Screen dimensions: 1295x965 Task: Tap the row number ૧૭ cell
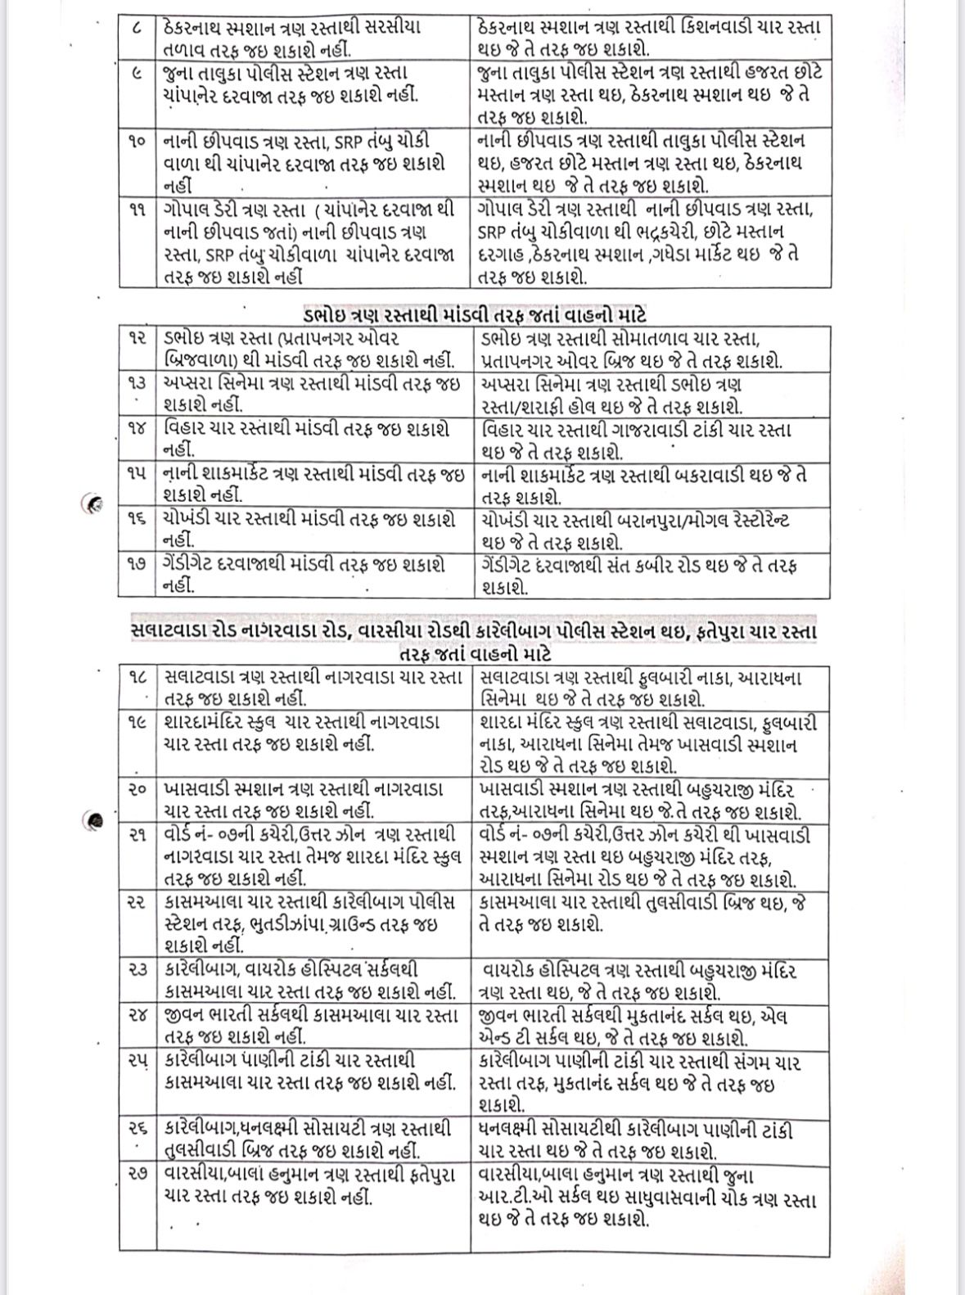pyautogui.click(x=137, y=566)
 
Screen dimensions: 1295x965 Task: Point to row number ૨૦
pyautogui.click(x=137, y=790)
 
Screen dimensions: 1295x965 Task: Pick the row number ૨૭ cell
pyautogui.click(x=137, y=1174)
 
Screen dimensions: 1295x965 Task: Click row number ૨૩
pyautogui.click(x=137, y=970)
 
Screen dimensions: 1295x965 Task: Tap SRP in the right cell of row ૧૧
pyautogui.click(x=489, y=232)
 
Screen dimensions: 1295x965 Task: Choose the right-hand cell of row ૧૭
pyautogui.click(x=651, y=576)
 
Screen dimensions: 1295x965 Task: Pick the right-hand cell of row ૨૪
pyautogui.click(x=651, y=1026)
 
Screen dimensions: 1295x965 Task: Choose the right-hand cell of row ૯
pyautogui.click(x=651, y=94)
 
